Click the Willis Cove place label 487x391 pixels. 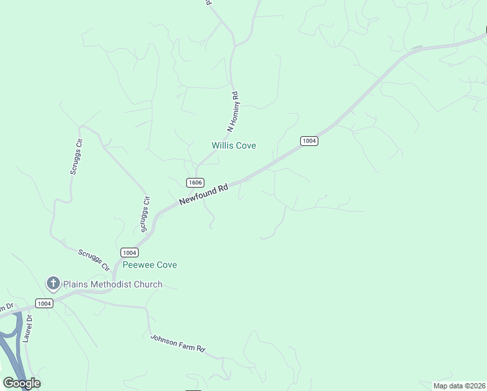click(x=234, y=145)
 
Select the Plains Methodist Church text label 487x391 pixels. click(x=112, y=284)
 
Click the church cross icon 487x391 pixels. click(x=53, y=283)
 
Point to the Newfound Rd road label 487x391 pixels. click(x=204, y=195)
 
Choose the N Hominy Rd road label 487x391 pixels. click(x=234, y=111)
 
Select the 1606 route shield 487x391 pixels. click(x=195, y=182)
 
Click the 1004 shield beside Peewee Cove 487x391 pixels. click(x=129, y=252)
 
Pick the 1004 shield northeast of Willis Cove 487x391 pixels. click(x=309, y=141)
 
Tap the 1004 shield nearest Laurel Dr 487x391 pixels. click(x=44, y=304)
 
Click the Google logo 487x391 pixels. click(x=22, y=383)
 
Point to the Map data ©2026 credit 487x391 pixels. click(x=459, y=386)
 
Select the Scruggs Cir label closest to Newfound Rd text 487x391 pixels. click(x=145, y=214)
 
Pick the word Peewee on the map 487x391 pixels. click(x=138, y=265)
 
